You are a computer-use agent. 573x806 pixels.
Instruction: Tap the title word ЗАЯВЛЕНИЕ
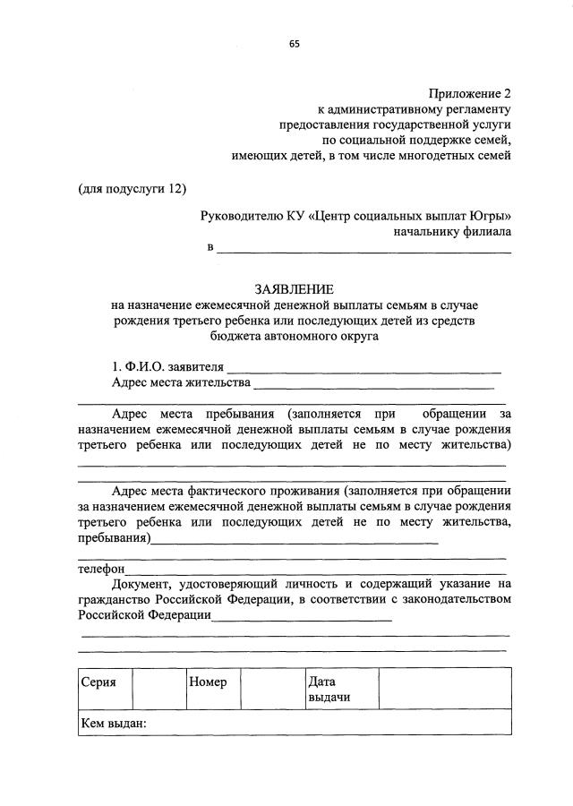[x=294, y=289]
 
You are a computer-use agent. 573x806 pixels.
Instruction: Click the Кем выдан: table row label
[x=114, y=723]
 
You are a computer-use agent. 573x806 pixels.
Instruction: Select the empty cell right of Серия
[x=158, y=690]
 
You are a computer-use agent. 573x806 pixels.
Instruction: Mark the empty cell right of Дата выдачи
[x=444, y=690]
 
